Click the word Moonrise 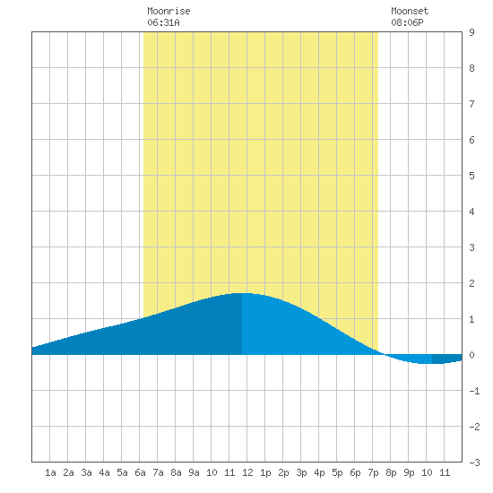[169, 11]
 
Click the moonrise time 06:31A [163, 22]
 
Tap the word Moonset [410, 11]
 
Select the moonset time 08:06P [407, 22]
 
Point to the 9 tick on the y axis [471, 32]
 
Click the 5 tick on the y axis [471, 176]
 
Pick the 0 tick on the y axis [471, 355]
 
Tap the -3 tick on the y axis [474, 463]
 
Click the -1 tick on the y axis [474, 391]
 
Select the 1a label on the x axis [50, 472]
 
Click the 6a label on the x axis [140, 472]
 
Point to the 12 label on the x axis [247, 472]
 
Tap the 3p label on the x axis [301, 472]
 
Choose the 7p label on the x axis [373, 472]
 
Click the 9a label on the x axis [194, 472]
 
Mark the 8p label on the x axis [391, 472]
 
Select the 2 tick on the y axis [471, 283]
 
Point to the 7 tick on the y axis [471, 104]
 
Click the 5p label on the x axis [337, 472]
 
